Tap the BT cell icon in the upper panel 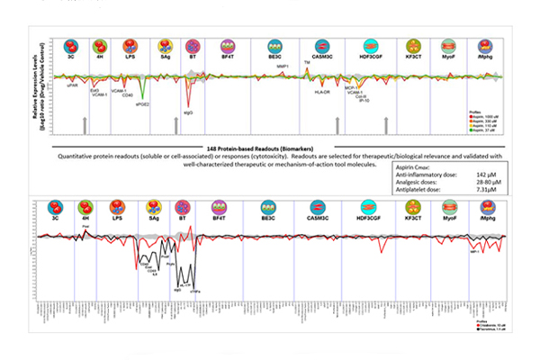(192, 46)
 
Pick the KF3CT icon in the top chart (414, 46)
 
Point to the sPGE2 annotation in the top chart (143, 105)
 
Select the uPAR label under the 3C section (71, 85)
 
